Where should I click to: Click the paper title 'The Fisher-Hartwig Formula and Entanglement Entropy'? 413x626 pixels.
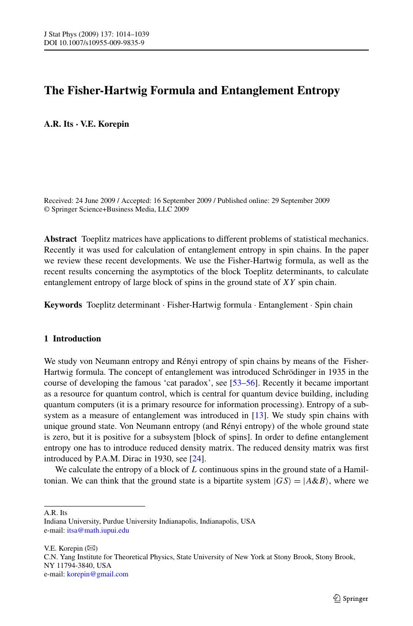tap(192, 91)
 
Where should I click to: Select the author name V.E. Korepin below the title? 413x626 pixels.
tap(105, 124)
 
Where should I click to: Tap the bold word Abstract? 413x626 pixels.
tap(60, 239)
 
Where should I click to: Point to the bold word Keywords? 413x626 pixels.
tap(63, 305)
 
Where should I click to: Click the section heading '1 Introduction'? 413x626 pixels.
tap(72, 339)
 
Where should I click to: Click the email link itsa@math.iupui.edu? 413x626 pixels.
tap(98, 530)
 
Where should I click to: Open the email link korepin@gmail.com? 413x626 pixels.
tap(97, 574)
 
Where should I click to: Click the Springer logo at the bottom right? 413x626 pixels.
tap(350, 598)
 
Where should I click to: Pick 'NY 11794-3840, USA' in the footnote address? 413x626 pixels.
tap(78, 566)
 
